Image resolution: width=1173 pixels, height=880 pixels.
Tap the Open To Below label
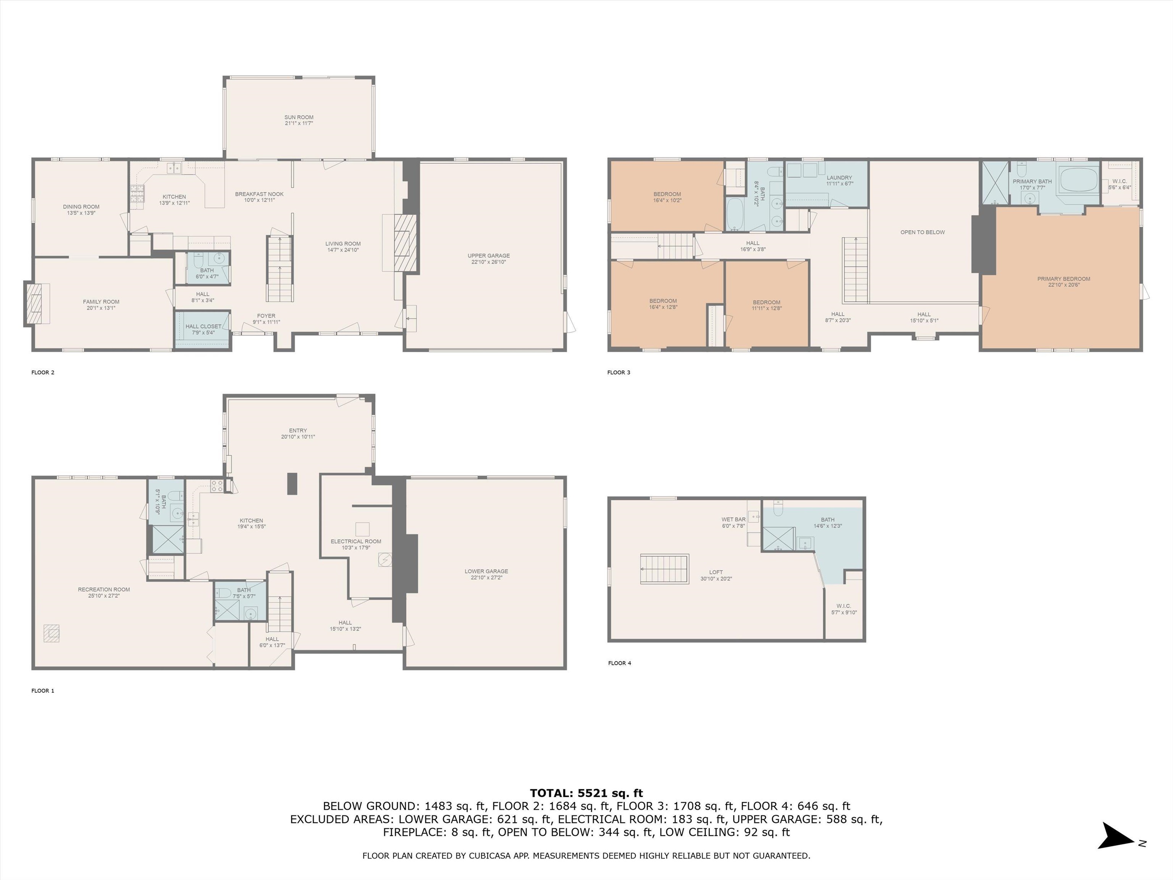pyautogui.click(x=923, y=232)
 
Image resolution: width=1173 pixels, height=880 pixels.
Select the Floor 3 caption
pyautogui.click(x=619, y=372)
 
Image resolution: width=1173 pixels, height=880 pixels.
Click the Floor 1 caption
pyautogui.click(x=43, y=691)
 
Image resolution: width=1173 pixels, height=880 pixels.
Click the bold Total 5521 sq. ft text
pyautogui.click(x=586, y=793)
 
